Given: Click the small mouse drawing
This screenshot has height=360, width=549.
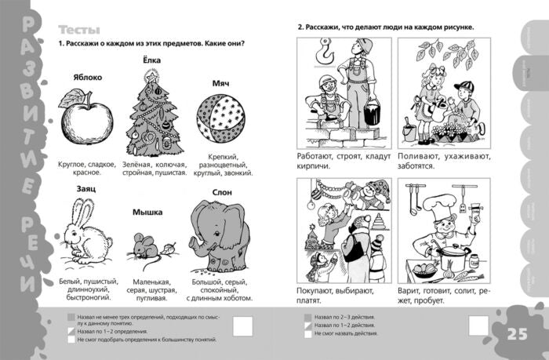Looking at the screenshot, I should tap(147, 245).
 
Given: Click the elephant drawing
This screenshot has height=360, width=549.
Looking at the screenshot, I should tap(223, 235).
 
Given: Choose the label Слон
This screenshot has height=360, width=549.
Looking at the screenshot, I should tap(223, 191).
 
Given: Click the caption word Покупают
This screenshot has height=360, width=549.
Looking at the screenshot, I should tap(322, 289).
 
